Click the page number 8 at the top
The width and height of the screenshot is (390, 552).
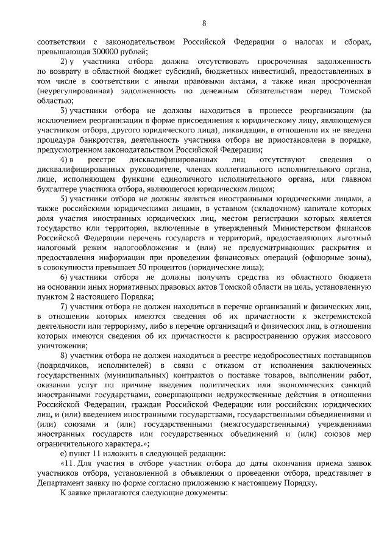point(204,24)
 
